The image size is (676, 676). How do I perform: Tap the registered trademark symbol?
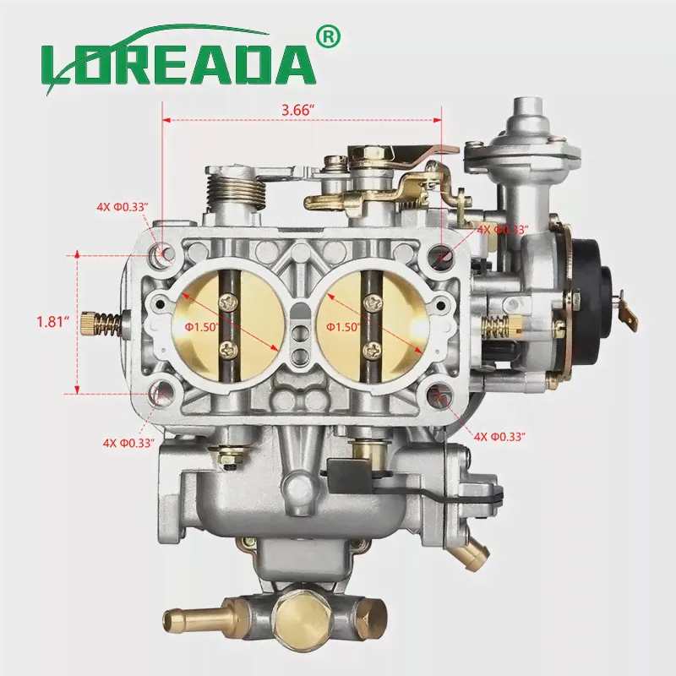click(328, 37)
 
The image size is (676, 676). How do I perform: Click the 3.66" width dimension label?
click(297, 110)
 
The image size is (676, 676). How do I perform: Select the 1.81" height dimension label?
click(53, 322)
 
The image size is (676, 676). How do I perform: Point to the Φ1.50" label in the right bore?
click(343, 327)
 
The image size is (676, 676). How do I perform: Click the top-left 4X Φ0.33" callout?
click(123, 207)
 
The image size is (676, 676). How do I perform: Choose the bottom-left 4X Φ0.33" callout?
click(128, 443)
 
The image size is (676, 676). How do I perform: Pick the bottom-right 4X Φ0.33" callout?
click(499, 437)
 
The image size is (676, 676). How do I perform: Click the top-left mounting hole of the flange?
click(162, 252)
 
